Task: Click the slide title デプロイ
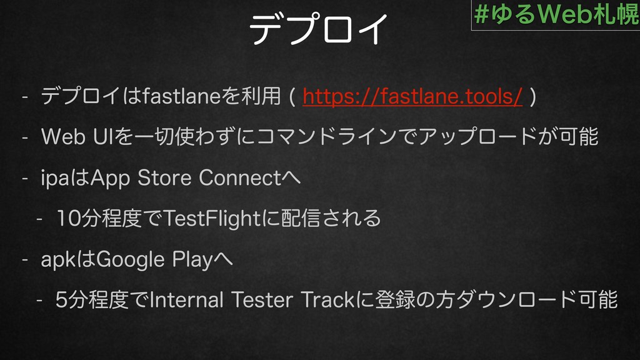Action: (x=319, y=29)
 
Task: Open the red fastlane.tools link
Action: (x=412, y=96)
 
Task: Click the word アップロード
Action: (x=478, y=137)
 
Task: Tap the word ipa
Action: (x=55, y=179)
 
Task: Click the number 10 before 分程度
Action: (x=67, y=218)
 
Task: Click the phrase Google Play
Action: (x=155, y=260)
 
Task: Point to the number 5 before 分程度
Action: (x=61, y=300)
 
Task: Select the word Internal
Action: (x=186, y=300)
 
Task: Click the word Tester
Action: (x=262, y=300)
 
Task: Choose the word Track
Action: (x=327, y=300)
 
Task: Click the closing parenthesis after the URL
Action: (x=532, y=97)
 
